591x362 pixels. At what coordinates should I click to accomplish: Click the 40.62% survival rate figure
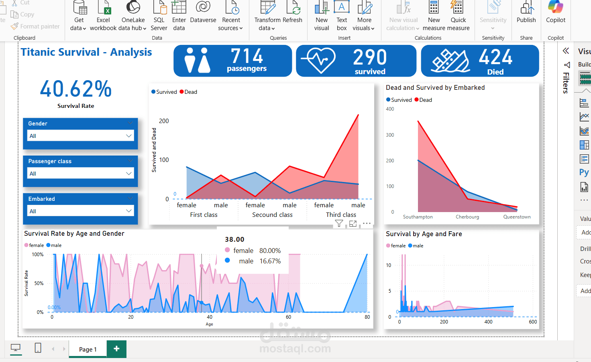[x=76, y=89]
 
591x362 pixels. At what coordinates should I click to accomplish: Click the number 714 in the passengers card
[x=247, y=56]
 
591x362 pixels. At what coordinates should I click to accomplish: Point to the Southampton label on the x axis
[x=418, y=217]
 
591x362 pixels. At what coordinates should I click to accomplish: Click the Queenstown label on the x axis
[x=517, y=217]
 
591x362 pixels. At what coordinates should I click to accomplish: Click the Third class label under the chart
[x=341, y=215]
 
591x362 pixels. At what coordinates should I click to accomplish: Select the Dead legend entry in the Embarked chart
[x=425, y=100]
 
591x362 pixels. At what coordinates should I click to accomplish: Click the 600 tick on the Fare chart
[x=533, y=322]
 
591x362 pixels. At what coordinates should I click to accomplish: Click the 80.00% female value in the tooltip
[x=270, y=251]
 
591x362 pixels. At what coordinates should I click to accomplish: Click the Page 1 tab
[x=88, y=349]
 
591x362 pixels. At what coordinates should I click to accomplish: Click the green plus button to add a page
[x=116, y=349]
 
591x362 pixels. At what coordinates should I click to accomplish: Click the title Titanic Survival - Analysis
[x=86, y=52]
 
